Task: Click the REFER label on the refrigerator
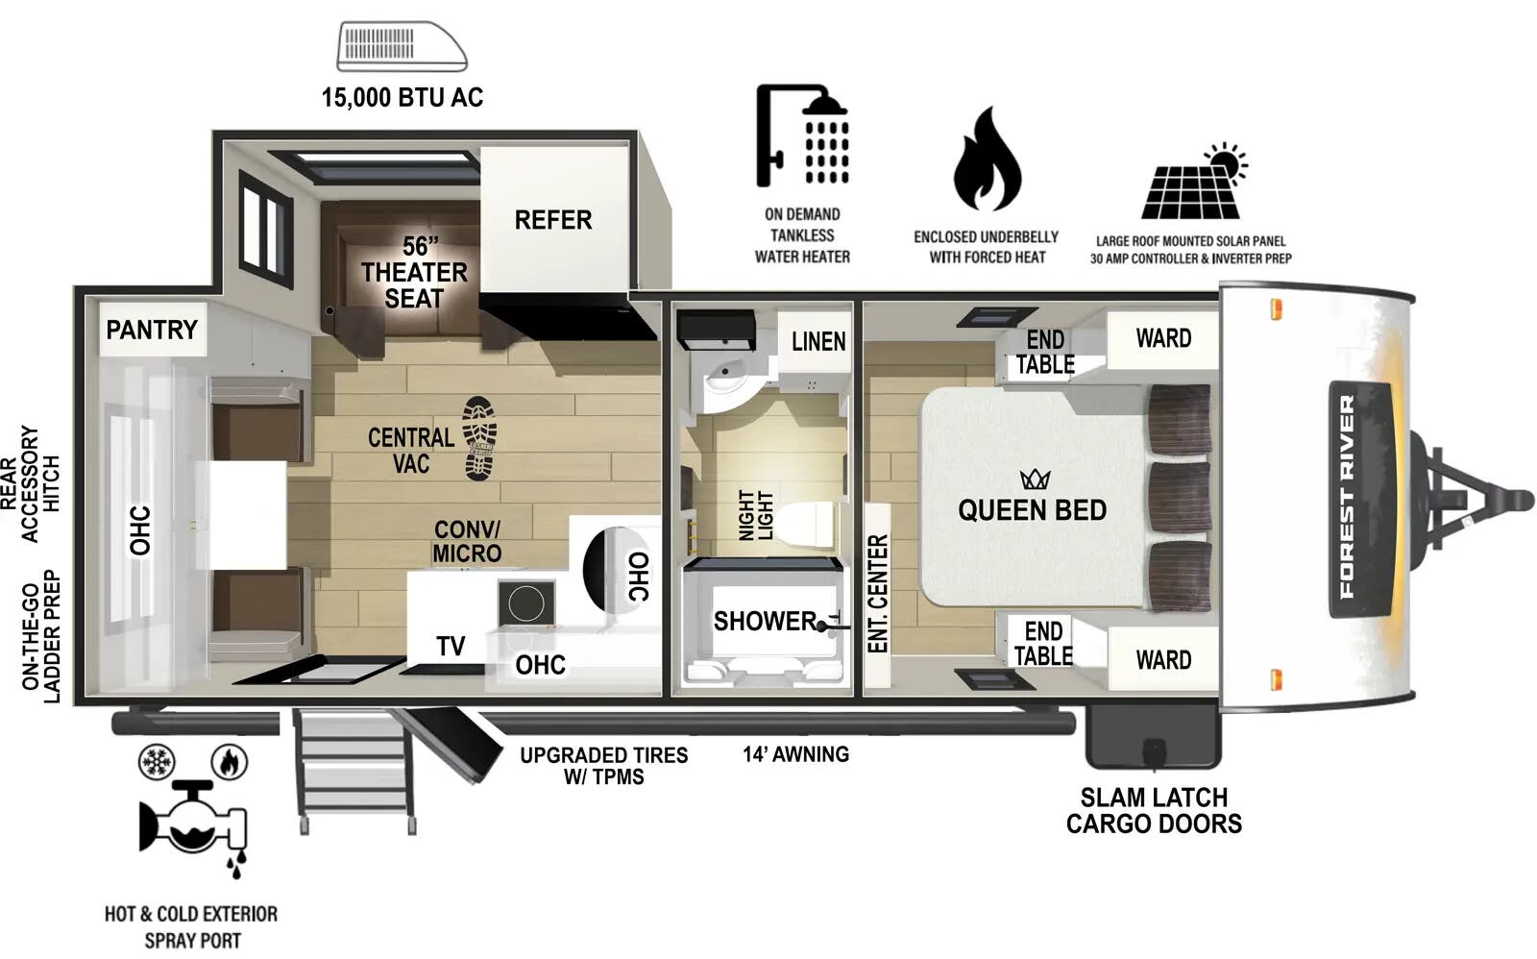point(552,220)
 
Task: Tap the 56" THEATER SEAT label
point(414,273)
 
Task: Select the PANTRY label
point(151,331)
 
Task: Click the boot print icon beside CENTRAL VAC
point(480,438)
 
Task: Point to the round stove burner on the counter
point(527,603)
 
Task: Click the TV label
point(451,647)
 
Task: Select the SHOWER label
point(765,622)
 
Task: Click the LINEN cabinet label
point(818,342)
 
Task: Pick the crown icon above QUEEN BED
point(1035,478)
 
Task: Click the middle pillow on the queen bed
point(1180,498)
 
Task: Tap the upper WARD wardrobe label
point(1162,339)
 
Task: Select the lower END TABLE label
point(1043,644)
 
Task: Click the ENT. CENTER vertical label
point(877,594)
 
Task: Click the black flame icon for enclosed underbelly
point(987,161)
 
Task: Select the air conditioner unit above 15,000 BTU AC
point(402,47)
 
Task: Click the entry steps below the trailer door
point(354,769)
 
